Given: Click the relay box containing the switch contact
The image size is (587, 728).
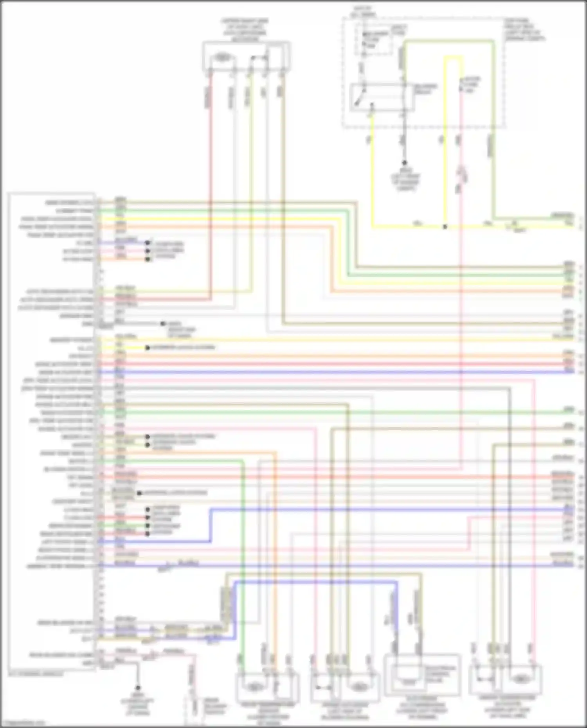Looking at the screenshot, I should click(x=382, y=97).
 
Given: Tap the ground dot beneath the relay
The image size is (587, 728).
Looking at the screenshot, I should click(x=405, y=163).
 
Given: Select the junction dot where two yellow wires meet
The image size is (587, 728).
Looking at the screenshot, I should click(x=445, y=227).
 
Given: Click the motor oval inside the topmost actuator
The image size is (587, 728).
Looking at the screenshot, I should click(x=222, y=58).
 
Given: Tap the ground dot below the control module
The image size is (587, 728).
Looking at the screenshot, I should click(x=138, y=688).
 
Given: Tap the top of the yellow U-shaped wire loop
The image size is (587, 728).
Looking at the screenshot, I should click(x=453, y=58).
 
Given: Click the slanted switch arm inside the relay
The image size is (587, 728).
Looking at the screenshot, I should click(x=359, y=100).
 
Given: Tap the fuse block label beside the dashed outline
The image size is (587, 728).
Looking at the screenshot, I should click(x=524, y=30).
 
